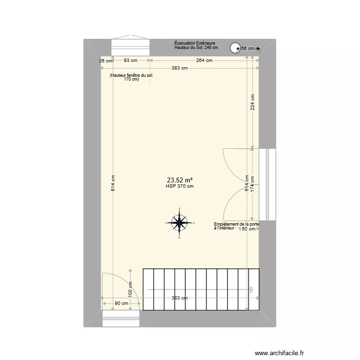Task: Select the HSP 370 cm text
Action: coord(180,187)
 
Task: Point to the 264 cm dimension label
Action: coord(204,60)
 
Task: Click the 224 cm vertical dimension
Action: coord(252,102)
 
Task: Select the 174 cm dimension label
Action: coord(252,184)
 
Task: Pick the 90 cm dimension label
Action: coord(121,303)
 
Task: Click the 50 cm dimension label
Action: coord(248,229)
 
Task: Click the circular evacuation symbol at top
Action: coord(235,48)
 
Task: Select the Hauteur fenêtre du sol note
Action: coord(131,77)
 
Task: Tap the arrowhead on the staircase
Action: coord(252,289)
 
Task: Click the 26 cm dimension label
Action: coord(106,60)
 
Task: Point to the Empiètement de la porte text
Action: coord(237,225)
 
